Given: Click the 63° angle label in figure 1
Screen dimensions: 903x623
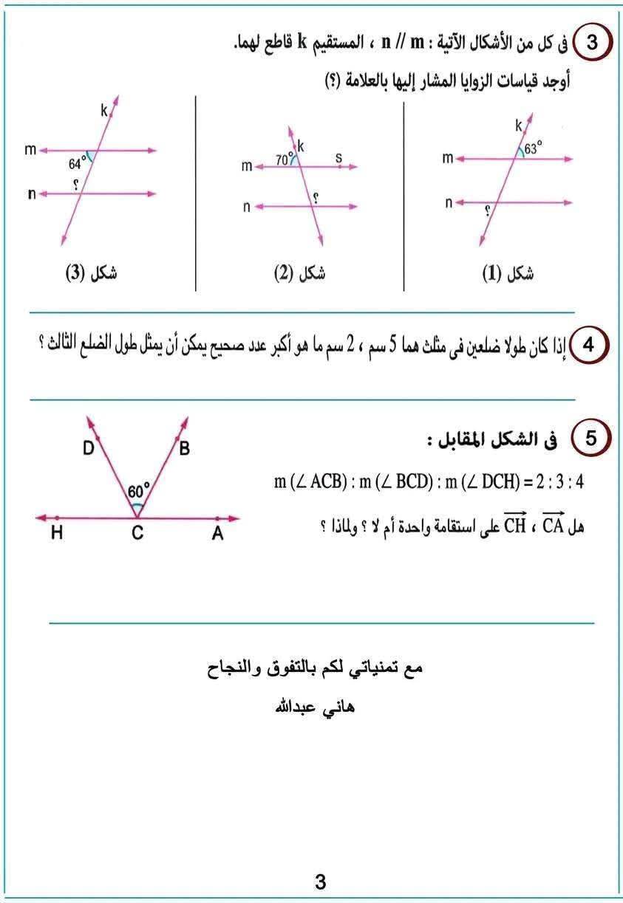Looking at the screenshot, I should coord(533,148).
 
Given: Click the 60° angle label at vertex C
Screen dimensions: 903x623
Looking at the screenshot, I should coord(138,491).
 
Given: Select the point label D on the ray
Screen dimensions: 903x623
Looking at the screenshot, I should coord(87,448).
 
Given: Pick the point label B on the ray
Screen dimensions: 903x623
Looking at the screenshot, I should coord(184,448).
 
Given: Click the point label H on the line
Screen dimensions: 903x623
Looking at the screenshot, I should coord(57,535).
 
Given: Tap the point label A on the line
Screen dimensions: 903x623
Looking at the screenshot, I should coord(217,535).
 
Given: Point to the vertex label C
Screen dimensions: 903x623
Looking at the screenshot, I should coord(137,535).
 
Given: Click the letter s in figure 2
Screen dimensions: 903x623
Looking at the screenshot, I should coord(338,157).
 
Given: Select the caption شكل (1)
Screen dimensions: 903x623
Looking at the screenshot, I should coord(508,274).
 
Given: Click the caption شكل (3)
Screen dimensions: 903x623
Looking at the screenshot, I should coord(92,274).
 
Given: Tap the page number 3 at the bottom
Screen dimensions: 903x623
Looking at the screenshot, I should coord(320,882).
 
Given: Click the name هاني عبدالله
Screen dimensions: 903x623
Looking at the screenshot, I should coord(315,707).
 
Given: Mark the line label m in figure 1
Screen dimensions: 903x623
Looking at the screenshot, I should coord(448,158).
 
